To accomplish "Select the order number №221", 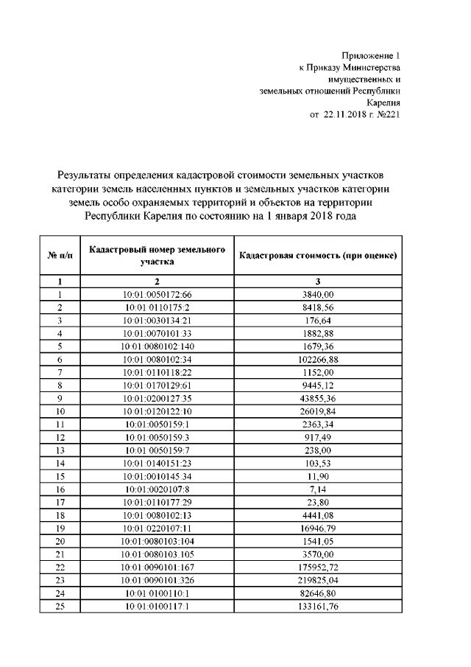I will click(387, 115).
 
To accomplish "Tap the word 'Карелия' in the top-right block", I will click(383, 103).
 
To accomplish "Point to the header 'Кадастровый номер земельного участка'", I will click(157, 255).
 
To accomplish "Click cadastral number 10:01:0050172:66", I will click(157, 294).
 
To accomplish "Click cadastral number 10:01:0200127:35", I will click(157, 398).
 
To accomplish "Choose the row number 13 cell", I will click(60, 450).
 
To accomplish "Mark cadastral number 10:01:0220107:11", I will click(157, 527).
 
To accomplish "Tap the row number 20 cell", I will click(60, 540).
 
